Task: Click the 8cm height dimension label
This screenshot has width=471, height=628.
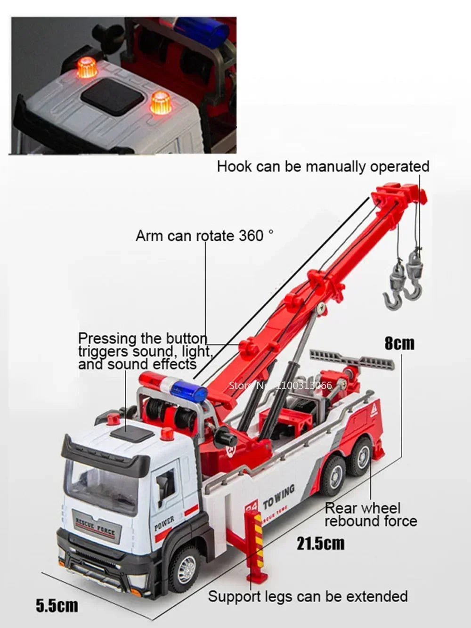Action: (x=399, y=343)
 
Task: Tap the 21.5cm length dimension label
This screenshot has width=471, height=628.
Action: (x=320, y=543)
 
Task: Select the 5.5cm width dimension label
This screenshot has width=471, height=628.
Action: (x=57, y=605)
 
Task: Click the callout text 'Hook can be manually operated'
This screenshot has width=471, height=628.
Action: (x=323, y=167)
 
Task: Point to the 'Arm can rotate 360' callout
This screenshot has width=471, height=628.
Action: (x=204, y=235)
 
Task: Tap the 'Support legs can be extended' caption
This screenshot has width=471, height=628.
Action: (x=308, y=596)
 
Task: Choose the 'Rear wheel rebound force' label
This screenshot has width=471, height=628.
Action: (x=371, y=514)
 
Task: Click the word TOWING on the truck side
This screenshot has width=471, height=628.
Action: (x=279, y=497)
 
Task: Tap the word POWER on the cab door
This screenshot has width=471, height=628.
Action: (x=164, y=523)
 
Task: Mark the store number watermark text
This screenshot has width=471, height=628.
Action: (x=280, y=385)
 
